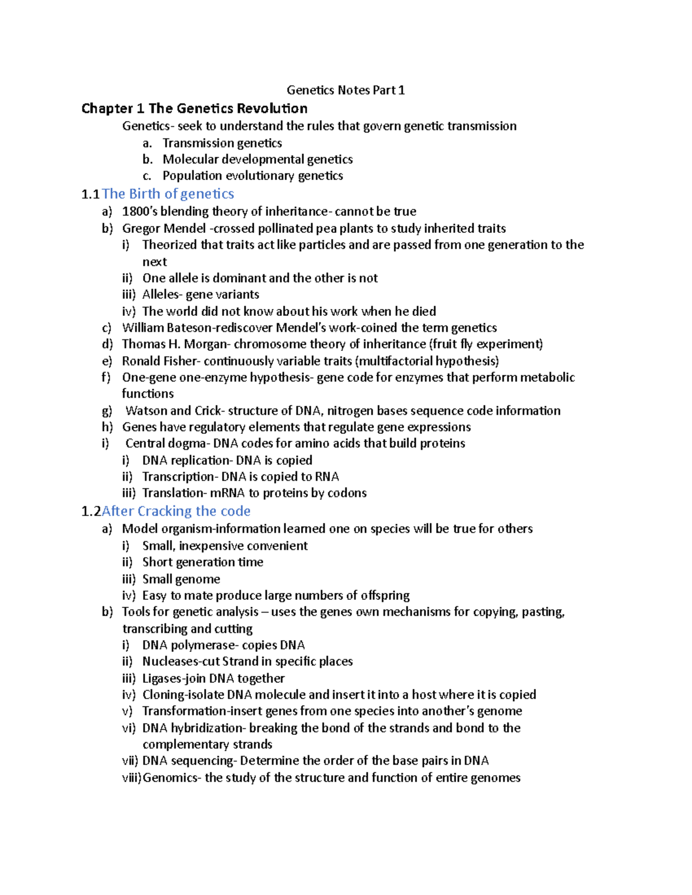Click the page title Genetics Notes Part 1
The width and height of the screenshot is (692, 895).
[x=345, y=90]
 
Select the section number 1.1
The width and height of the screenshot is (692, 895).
[x=91, y=194]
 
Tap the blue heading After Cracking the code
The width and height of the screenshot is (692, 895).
[x=176, y=511]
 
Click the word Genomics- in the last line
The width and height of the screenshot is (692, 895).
[x=172, y=777]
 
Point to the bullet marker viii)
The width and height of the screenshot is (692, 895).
[x=131, y=777]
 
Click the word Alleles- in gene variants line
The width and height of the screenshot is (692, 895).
[x=162, y=294]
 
